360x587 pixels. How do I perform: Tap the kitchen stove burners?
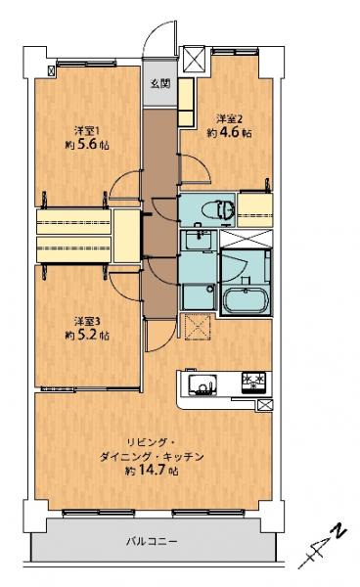[253, 382]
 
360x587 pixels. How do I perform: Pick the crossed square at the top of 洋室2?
[192, 61]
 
